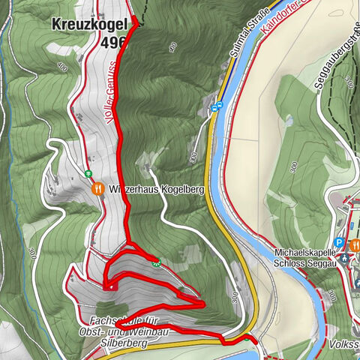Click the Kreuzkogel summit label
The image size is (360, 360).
[88, 25]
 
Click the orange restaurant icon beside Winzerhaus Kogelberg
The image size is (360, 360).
[97, 190]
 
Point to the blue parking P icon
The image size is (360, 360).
[340, 243]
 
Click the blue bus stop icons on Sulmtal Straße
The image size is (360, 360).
[217, 106]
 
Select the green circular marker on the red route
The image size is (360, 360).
[157, 262]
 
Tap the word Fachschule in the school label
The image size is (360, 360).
[109, 320]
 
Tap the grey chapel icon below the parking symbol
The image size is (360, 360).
[343, 257]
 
